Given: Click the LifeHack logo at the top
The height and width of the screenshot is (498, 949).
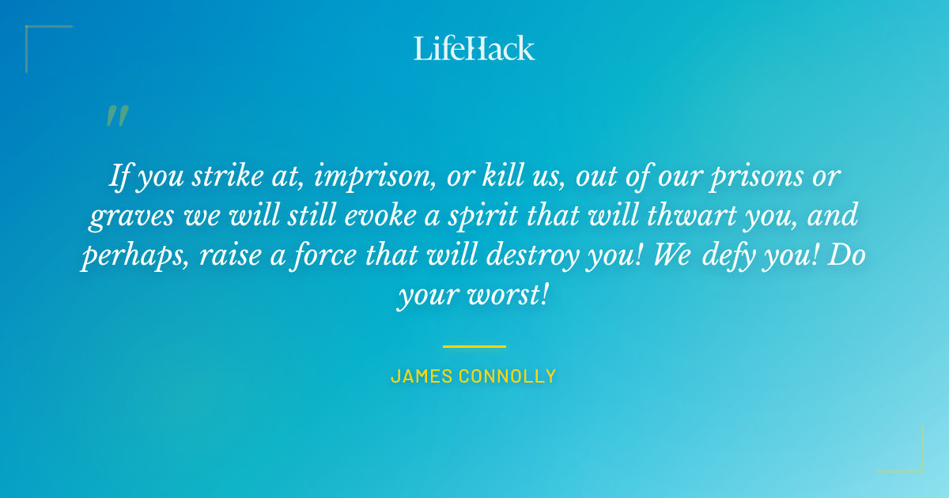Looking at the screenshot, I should pos(475,49).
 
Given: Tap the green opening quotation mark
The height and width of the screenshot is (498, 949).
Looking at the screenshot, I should pos(116,117).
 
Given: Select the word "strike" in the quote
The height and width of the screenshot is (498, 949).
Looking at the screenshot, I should pos(219,177).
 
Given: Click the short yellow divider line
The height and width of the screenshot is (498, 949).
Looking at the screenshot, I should pos(474,346).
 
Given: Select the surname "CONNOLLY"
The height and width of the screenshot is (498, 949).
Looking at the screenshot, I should pos(510,376).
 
